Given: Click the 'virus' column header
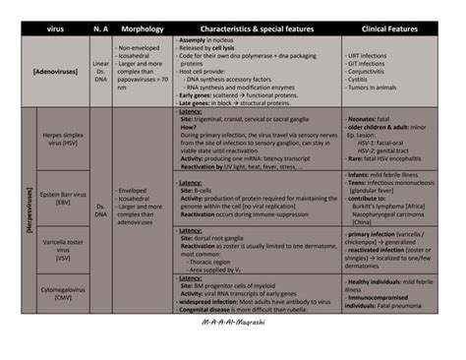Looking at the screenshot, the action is (55, 29).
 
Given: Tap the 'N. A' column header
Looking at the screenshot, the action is (100, 29).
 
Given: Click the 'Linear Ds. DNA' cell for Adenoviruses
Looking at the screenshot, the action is (100, 73).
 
